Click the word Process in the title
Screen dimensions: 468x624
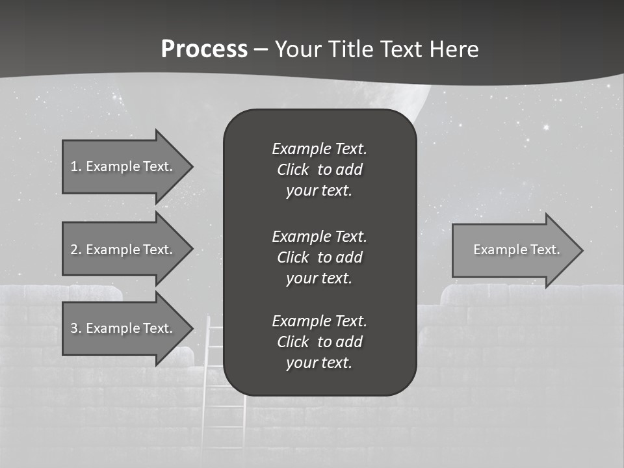pos(204,49)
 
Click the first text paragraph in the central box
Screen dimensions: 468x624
pos(319,170)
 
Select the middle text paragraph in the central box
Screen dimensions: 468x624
pos(319,257)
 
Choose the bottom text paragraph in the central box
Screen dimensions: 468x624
pos(319,342)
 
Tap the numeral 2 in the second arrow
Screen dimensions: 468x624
pos(74,250)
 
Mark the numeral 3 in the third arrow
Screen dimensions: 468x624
pos(74,328)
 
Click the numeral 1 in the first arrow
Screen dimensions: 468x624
pos(73,166)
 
